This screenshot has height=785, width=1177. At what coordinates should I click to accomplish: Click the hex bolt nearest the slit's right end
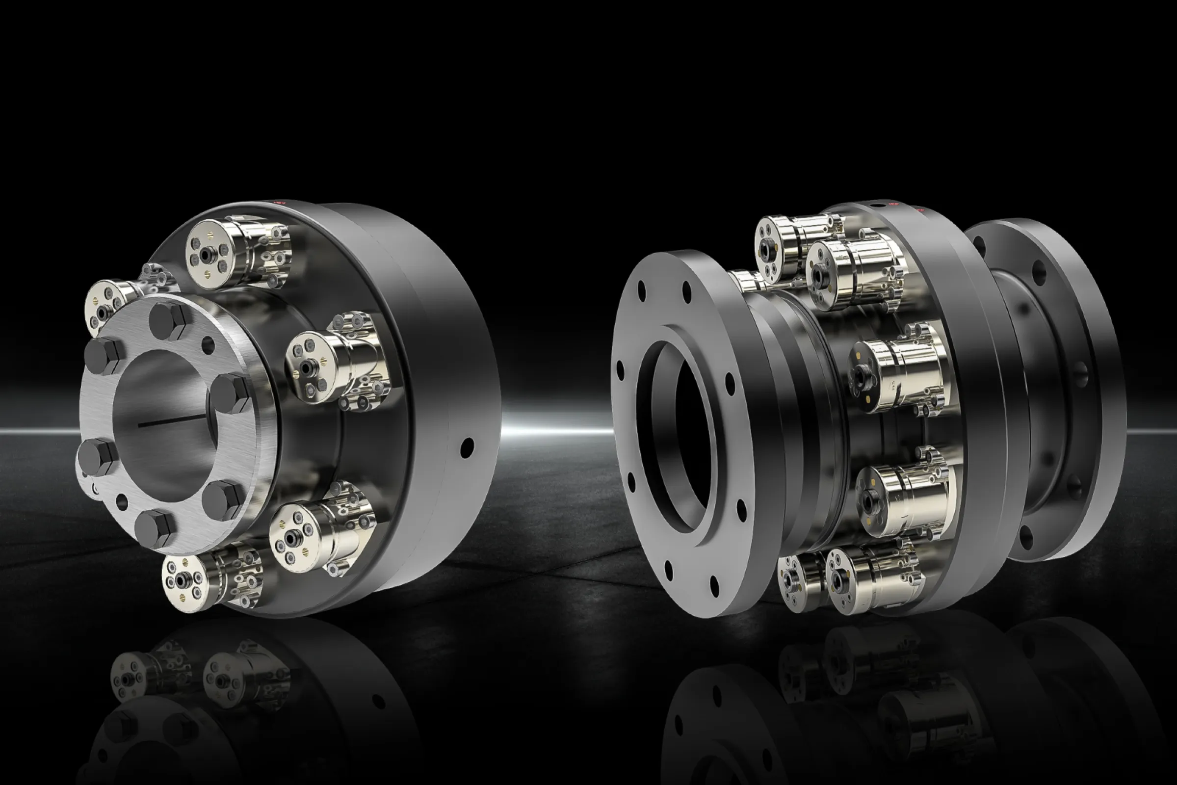(230, 393)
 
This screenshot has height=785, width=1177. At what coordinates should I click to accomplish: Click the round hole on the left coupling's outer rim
(467, 447)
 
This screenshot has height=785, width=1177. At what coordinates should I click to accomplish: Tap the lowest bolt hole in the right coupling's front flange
(714, 586)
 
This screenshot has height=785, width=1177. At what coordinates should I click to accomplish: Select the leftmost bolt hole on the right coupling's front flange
(620, 370)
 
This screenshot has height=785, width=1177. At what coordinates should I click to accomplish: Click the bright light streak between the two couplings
(556, 431)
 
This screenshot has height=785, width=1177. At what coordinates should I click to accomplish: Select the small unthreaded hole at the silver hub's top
(208, 345)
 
